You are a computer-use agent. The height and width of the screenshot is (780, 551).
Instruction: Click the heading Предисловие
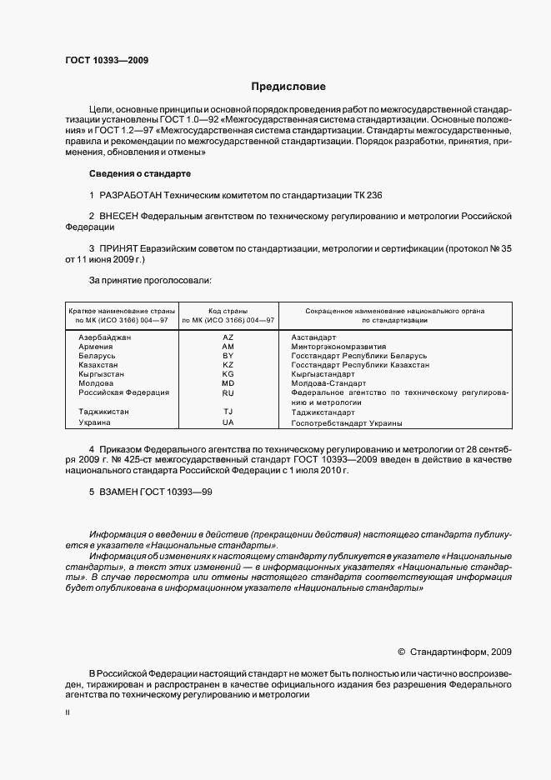[288, 87]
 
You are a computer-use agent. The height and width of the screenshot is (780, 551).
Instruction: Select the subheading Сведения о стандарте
[139, 173]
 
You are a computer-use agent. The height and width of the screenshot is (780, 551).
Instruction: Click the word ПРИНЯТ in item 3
[120, 248]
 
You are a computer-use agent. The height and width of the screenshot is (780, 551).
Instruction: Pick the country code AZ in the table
[228, 337]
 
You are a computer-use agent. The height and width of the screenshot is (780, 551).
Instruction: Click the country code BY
[228, 355]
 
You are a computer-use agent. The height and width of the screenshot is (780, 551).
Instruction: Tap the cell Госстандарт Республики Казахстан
[360, 365]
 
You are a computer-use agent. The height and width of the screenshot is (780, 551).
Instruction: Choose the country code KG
[228, 374]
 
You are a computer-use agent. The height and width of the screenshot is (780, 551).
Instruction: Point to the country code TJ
[228, 412]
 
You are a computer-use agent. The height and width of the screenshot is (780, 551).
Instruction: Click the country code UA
[228, 422]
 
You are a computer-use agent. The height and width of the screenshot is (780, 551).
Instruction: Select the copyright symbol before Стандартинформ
[401, 652]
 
